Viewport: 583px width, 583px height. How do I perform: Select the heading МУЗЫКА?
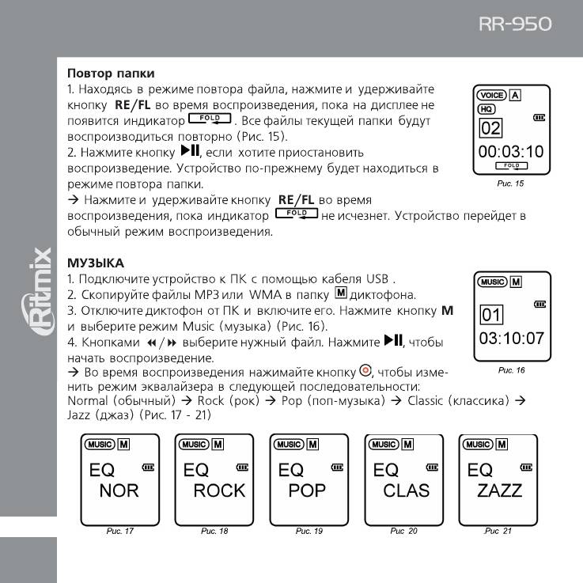96,262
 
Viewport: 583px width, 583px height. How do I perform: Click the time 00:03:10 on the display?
512,150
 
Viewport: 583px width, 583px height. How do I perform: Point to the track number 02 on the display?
491,128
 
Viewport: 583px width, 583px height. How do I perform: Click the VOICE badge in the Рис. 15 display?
491,96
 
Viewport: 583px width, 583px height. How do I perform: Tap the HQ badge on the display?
486,109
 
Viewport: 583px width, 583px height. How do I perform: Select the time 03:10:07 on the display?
512,339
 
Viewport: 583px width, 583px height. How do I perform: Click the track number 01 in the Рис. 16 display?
491,316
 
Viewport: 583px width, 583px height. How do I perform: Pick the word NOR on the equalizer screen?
119,490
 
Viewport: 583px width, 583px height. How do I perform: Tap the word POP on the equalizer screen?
307,490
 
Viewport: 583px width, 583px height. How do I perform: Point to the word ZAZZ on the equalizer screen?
500,490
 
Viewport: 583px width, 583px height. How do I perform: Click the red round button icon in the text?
365,371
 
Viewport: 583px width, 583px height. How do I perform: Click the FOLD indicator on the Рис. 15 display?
511,165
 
